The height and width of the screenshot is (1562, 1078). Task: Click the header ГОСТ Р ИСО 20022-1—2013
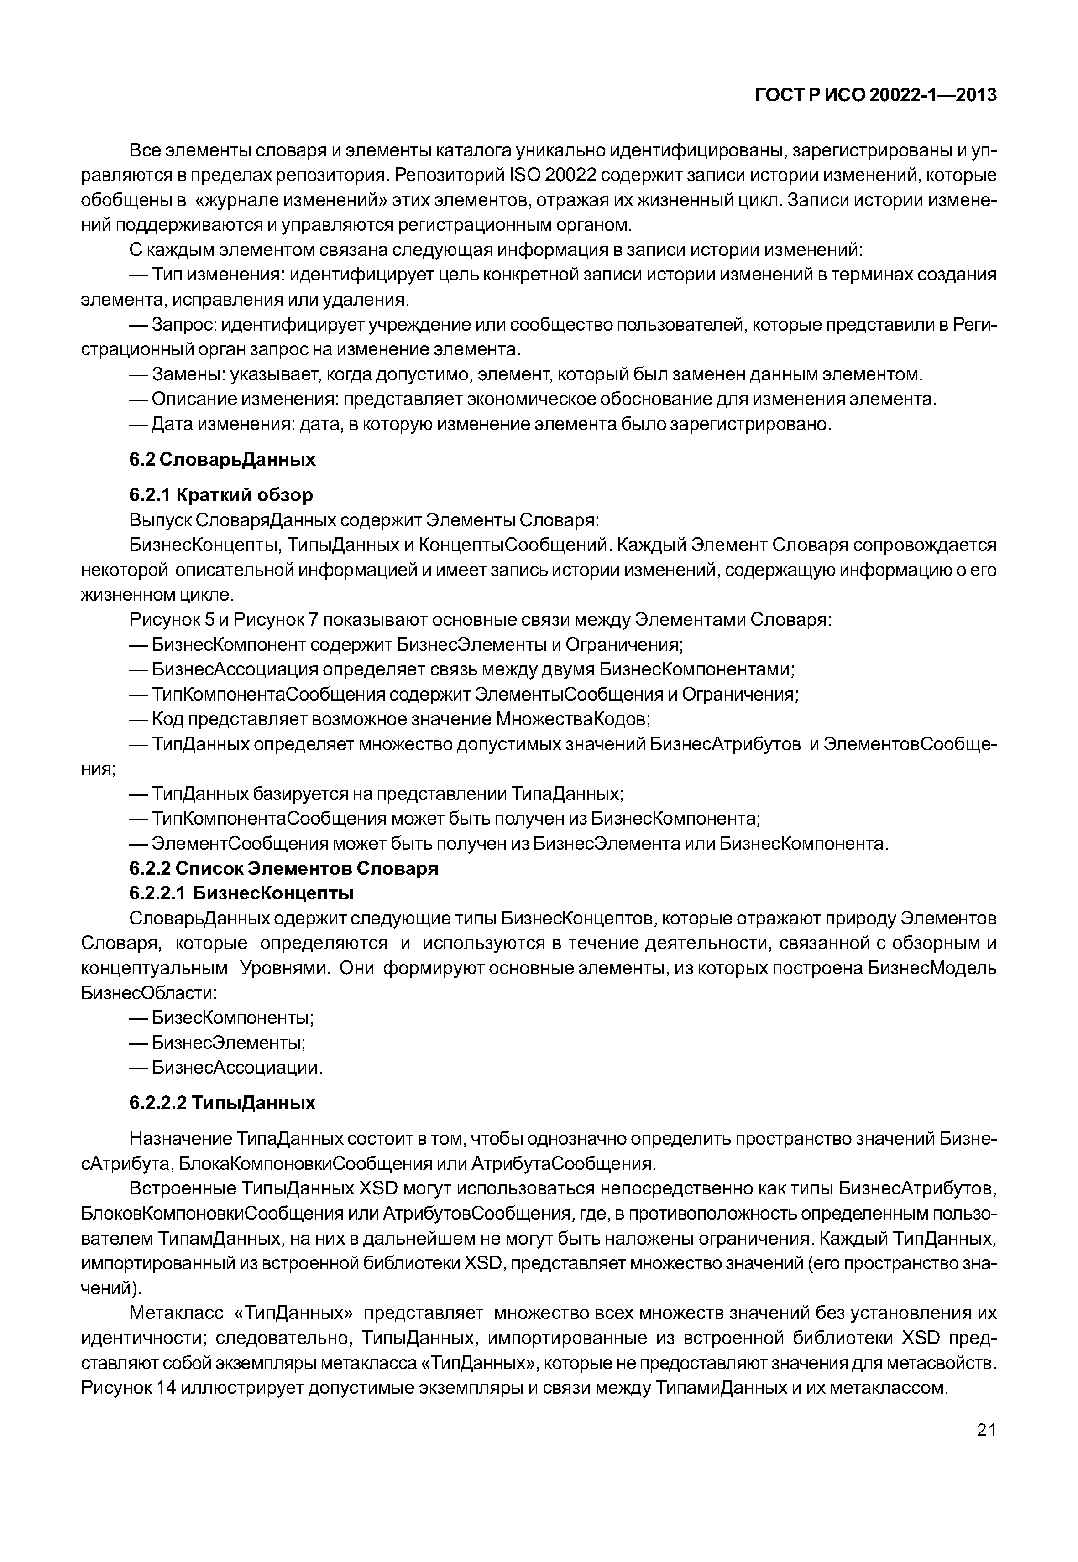click(x=875, y=96)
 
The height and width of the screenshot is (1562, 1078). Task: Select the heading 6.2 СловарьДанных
click(x=222, y=460)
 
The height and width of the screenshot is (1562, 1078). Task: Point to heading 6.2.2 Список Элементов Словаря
click(x=284, y=868)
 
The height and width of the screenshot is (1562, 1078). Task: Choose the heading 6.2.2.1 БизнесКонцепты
click(x=241, y=893)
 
